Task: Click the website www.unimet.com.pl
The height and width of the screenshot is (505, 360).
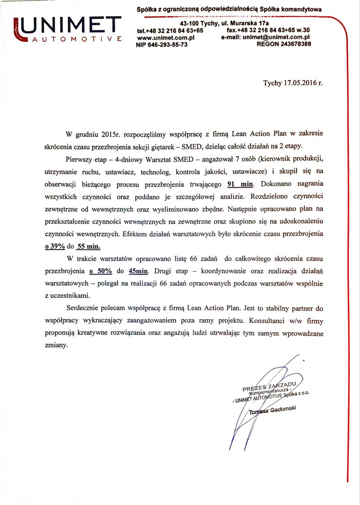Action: click(166, 37)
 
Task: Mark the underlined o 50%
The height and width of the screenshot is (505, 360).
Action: click(100, 271)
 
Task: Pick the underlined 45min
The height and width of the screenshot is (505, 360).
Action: click(138, 271)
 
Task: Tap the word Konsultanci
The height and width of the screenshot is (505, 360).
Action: click(275, 321)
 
